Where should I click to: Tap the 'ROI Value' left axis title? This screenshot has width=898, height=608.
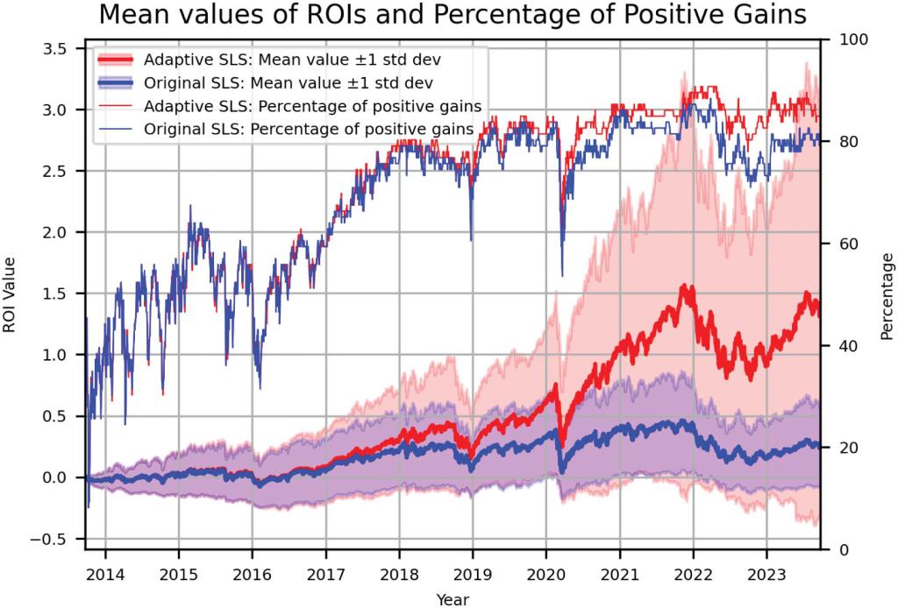pos(10,294)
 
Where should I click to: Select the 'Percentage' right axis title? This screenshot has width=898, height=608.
pos(887,296)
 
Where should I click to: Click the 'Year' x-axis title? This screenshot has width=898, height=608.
pos(453,599)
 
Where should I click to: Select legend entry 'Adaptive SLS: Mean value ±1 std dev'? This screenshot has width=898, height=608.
pos(292,60)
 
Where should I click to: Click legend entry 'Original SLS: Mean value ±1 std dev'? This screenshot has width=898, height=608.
pos(289,83)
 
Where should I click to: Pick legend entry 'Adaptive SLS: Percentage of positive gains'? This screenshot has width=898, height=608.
pos(311,106)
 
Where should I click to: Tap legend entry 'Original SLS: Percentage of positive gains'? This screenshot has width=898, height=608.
pos(310,129)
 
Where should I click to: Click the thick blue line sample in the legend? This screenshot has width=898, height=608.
pos(117,83)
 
